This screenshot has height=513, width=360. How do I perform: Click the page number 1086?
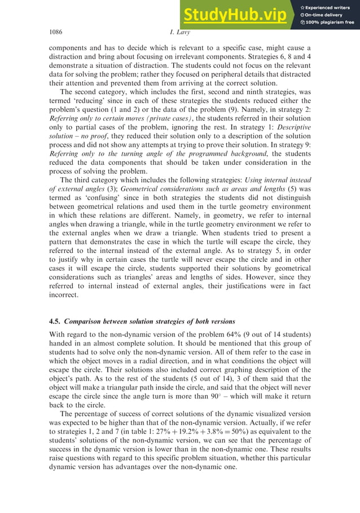pyautogui.click(x=56, y=33)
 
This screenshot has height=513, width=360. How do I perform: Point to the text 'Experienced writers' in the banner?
pyautogui.click(x=331, y=7)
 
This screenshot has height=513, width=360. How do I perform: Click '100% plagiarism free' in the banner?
pyautogui.click(x=330, y=22)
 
